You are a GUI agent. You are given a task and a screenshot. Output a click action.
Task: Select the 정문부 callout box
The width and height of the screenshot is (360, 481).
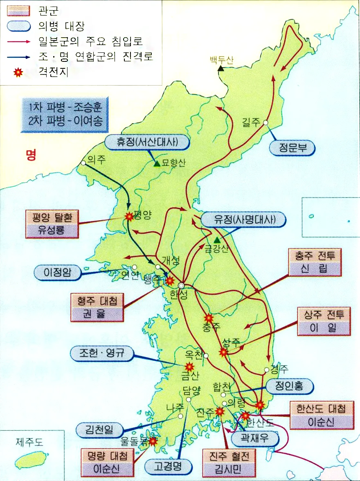pos(292,149)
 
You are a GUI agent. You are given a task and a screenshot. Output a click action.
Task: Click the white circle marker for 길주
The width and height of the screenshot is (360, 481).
pos(265,122)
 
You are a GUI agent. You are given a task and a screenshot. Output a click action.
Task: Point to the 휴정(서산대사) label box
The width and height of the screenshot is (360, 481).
pos(148,142)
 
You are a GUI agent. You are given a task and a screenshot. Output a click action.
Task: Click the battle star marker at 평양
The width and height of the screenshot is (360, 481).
pos(130,217)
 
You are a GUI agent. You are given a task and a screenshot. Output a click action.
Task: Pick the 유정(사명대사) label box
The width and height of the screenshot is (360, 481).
pos(244,220)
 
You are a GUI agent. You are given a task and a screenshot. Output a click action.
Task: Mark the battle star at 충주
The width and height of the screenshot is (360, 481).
pos(209,318)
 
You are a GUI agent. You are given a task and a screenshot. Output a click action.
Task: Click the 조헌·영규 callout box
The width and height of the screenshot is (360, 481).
pos(102,354)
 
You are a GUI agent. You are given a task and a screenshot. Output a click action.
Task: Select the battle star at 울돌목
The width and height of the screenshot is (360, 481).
pos(153,441)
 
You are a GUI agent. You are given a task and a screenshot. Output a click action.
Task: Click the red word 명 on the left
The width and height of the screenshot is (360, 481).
pos(31,155)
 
